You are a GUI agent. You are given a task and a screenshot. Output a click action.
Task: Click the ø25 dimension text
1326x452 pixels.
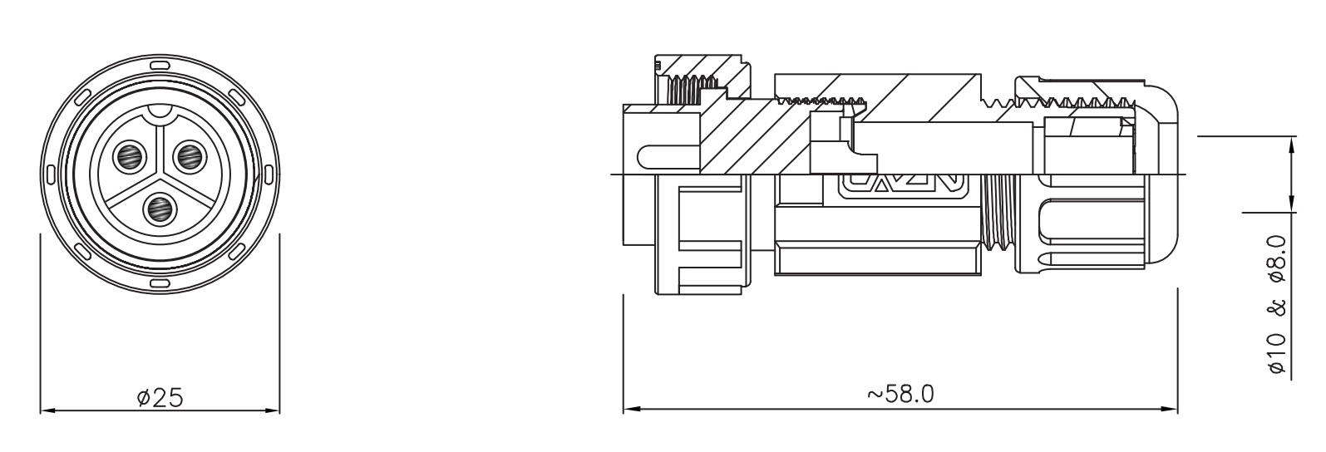160,397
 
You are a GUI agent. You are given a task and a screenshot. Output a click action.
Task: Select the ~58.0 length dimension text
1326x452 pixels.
901,394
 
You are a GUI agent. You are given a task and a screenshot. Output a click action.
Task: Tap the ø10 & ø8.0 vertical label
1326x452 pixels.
1277,304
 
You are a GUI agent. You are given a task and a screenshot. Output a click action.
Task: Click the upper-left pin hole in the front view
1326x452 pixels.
130,157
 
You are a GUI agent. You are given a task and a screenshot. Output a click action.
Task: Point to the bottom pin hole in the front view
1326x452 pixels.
160,209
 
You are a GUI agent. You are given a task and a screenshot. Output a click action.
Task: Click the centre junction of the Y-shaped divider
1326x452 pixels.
160,175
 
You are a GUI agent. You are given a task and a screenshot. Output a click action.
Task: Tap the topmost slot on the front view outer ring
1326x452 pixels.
160,65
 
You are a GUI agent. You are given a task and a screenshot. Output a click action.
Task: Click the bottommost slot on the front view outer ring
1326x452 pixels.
160,284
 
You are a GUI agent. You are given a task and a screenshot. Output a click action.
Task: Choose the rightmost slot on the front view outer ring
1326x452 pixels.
270,174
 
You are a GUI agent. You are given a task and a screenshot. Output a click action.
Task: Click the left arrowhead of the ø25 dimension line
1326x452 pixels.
47,410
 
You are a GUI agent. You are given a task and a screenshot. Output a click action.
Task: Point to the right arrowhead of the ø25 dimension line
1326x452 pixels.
274,410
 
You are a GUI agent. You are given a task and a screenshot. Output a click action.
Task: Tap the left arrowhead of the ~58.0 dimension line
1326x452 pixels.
630,410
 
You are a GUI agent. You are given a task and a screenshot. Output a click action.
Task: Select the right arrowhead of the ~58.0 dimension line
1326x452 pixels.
1171,410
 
